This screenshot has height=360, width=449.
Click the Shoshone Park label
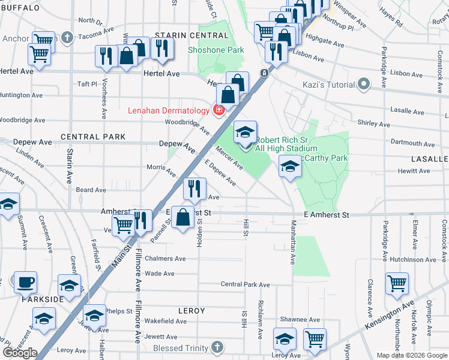tap(216, 50)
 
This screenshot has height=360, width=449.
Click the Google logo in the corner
tap(20, 352)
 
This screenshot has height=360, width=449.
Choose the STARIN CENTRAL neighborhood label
tap(183, 36)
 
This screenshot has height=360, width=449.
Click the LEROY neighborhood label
tap(191, 311)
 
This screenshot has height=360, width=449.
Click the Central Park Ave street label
tap(246, 284)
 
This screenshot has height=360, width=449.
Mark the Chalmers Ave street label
tap(166, 259)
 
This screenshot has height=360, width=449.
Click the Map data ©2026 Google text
tap(411, 355)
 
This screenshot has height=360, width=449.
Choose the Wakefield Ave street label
tap(166, 321)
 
